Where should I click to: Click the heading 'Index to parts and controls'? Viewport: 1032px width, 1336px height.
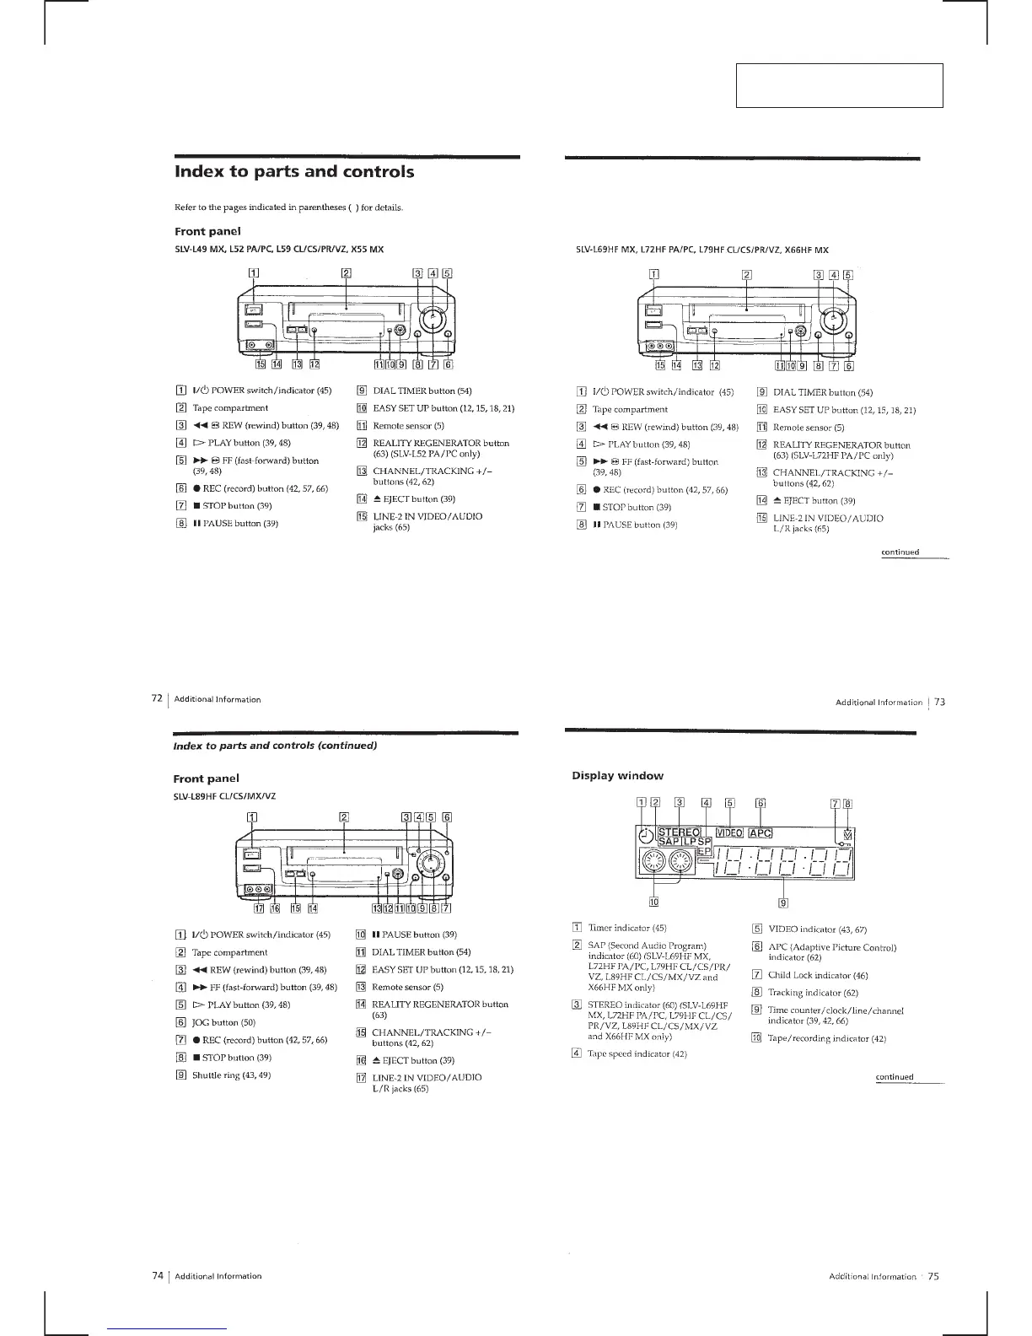[293, 172]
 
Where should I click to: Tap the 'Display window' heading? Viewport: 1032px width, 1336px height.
[617, 776]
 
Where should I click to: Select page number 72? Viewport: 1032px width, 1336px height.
[156, 699]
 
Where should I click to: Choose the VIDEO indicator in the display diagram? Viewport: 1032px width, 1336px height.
[728, 834]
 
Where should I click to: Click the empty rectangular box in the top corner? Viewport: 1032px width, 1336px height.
[839, 85]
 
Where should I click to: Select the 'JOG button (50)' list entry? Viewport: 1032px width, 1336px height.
[224, 1022]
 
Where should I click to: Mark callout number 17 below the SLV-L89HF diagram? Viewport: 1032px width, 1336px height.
[259, 908]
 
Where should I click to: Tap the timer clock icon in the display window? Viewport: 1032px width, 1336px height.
[646, 836]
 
